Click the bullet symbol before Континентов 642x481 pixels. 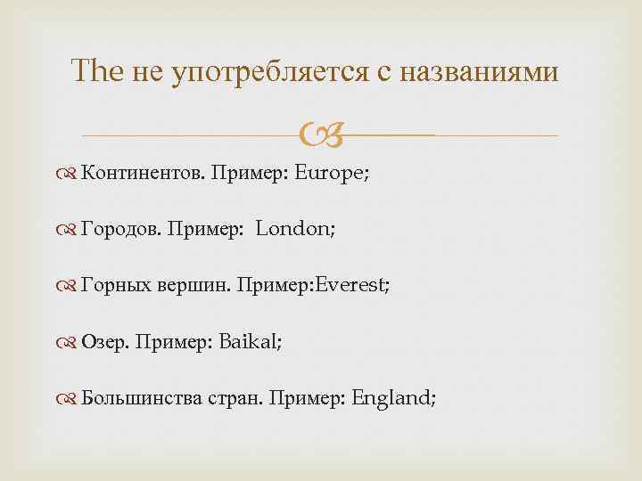click(x=71, y=174)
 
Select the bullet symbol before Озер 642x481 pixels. click(x=71, y=342)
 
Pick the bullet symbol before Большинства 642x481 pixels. click(x=71, y=398)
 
